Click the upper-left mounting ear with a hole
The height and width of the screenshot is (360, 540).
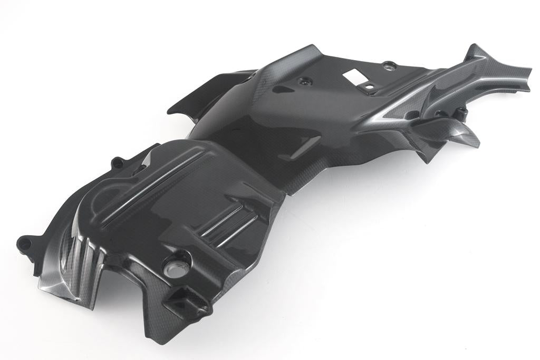[x=118, y=161]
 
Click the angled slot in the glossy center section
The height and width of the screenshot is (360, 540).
[x=305, y=145]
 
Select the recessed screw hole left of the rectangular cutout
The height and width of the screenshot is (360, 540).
[x=304, y=82]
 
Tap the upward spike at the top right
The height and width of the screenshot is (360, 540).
[x=471, y=51]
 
